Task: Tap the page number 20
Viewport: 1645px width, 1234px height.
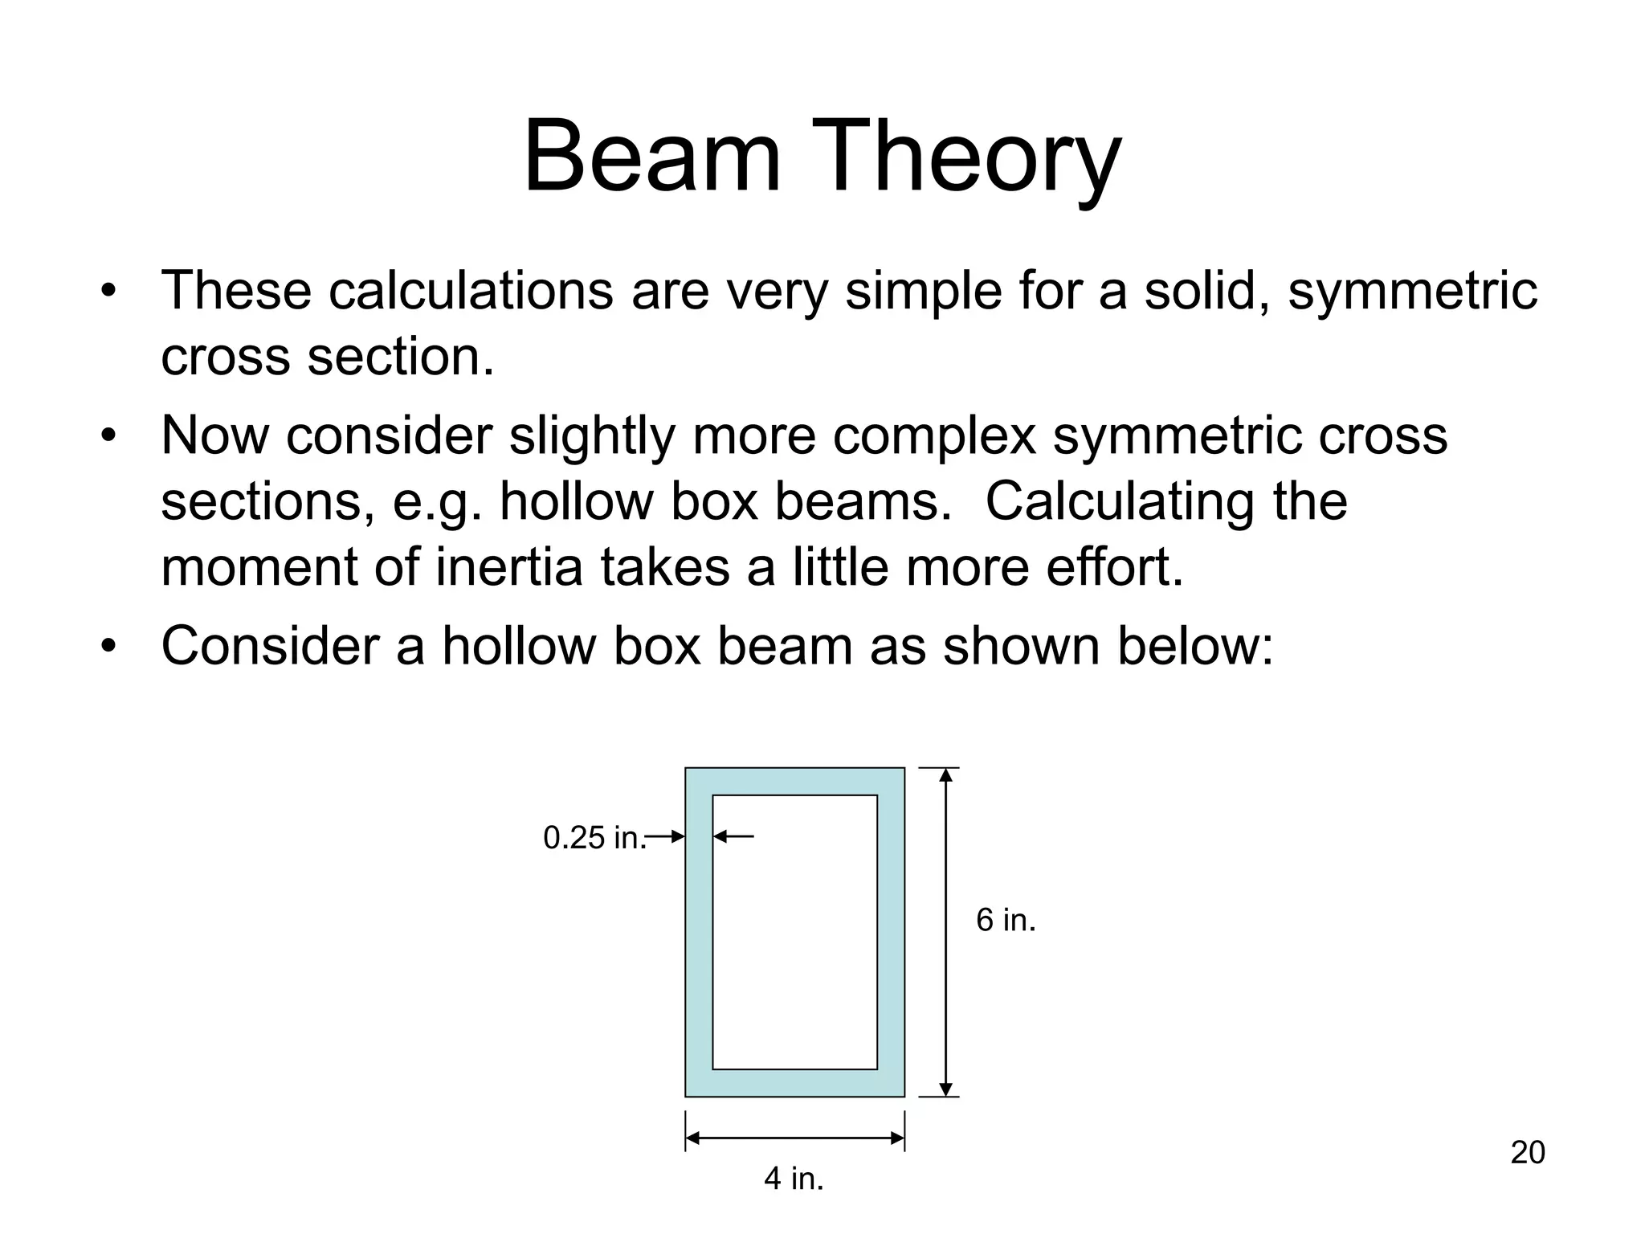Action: [1528, 1153]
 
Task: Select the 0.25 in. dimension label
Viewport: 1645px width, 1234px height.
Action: [594, 838]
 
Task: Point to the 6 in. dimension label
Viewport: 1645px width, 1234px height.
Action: [1006, 920]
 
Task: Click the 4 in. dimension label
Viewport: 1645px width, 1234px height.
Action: [794, 1179]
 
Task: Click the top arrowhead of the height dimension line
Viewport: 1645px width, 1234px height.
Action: [945, 775]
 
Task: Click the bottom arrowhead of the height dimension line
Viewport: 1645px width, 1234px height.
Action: [945, 1089]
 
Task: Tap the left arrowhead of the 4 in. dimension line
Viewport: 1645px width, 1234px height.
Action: [693, 1138]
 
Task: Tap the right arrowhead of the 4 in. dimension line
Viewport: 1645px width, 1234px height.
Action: [897, 1138]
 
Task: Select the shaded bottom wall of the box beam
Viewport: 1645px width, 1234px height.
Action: [794, 1083]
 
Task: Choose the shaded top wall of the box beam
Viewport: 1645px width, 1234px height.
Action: [794, 781]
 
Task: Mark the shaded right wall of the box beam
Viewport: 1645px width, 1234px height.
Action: [891, 932]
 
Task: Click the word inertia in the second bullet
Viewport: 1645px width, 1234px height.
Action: [509, 567]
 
